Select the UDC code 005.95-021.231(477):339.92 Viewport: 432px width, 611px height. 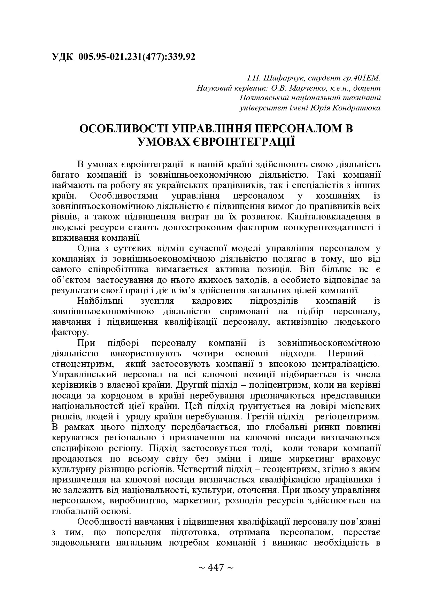137,57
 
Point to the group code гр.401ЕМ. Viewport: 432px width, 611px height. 363,77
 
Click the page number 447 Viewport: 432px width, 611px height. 216,567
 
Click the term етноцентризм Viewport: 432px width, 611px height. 82,364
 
